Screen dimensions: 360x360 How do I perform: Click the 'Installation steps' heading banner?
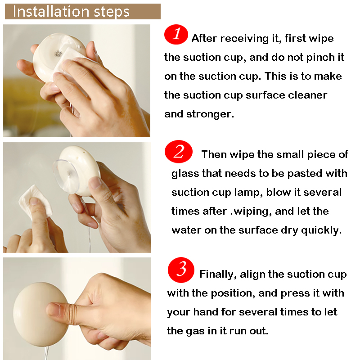pos(83,12)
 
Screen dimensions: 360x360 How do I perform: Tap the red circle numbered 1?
pos(176,35)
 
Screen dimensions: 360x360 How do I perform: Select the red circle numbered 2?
pos(178,152)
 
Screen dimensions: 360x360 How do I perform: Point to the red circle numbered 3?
pos(181,270)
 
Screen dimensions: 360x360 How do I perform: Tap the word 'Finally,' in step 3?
pos(218,274)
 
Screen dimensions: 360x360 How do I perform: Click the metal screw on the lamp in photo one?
pos(58,54)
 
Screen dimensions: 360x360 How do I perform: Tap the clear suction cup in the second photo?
pos(65,175)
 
